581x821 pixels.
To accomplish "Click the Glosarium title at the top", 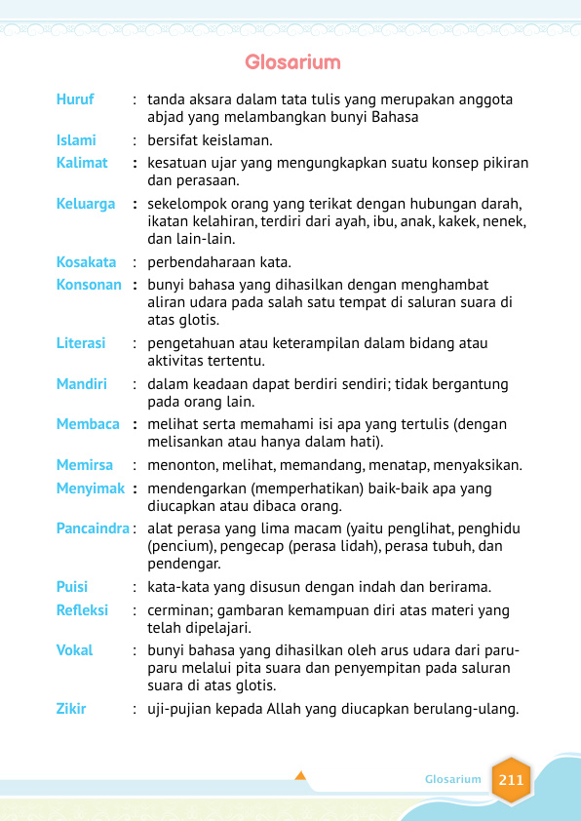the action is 292,63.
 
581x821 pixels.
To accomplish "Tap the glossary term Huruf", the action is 75,99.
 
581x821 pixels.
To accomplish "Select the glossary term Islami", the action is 76,140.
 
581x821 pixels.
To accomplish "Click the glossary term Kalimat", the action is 82,163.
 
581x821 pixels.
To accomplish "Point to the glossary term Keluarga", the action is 85,204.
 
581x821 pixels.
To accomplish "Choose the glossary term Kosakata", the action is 86,262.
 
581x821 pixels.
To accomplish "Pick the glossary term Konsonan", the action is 89,285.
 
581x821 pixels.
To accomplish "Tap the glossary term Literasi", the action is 81,343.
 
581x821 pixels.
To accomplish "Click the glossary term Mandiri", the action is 81,384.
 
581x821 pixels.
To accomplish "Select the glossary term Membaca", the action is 88,424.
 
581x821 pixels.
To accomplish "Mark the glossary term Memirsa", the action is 85,465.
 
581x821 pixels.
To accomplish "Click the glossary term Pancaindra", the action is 93,528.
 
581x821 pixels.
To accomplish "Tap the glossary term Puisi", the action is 72,587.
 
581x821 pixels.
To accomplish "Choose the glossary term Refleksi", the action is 82,610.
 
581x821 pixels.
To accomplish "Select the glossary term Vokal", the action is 74,650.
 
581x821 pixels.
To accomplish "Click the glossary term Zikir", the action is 71,709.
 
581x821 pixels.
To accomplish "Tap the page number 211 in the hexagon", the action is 511,780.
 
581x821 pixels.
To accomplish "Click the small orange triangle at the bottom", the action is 300,776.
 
